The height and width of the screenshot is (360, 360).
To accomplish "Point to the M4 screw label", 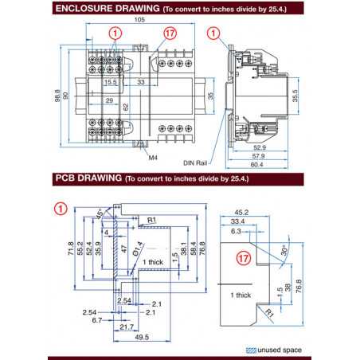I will [x=153, y=158].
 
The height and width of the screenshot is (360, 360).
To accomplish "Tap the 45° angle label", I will [x=100, y=213].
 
